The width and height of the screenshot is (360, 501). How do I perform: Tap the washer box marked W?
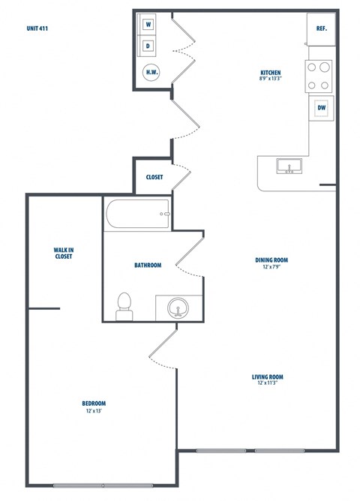click(x=148, y=25)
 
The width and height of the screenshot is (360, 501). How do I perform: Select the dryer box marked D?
click(x=148, y=46)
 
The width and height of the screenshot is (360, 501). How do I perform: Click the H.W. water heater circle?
click(x=151, y=72)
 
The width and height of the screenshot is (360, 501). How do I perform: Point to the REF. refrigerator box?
click(x=320, y=28)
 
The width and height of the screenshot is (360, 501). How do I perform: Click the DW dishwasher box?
click(x=321, y=108)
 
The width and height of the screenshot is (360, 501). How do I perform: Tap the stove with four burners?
click(x=319, y=76)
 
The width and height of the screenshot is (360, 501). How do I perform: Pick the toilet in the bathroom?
click(x=124, y=306)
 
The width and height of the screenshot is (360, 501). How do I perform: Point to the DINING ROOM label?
click(x=271, y=261)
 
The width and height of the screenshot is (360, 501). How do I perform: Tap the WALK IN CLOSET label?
click(x=63, y=253)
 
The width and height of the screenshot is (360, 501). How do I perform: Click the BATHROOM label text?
click(x=148, y=265)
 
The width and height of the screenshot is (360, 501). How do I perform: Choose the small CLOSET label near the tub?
click(x=154, y=178)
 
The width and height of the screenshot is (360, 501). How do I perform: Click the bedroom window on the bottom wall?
click(x=103, y=485)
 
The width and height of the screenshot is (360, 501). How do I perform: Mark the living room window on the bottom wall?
click(x=250, y=451)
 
